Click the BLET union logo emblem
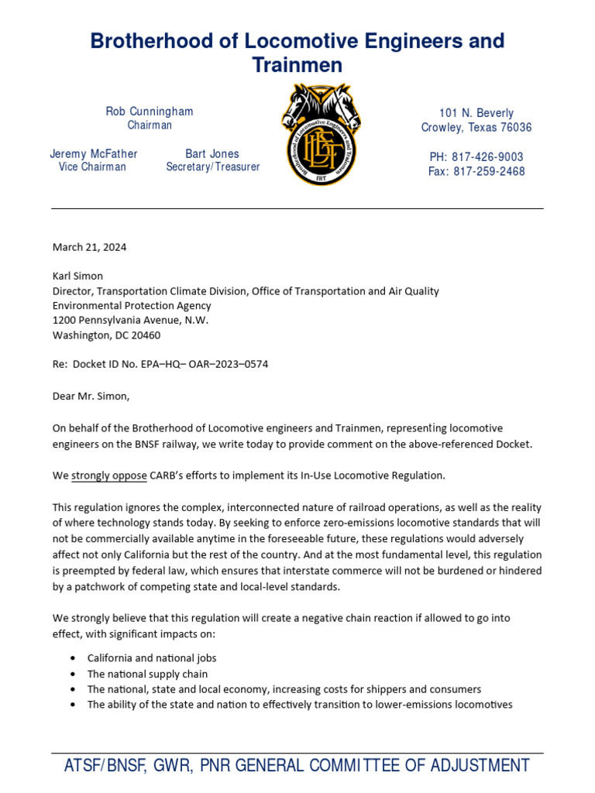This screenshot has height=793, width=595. [x=321, y=135]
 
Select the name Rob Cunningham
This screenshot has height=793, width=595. [x=150, y=112]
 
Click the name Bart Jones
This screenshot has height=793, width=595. [x=212, y=153]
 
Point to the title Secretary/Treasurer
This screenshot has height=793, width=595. [x=213, y=166]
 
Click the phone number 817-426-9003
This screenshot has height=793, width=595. [x=476, y=157]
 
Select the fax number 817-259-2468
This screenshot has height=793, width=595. [x=476, y=171]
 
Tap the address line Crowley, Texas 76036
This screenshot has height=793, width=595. [x=476, y=127]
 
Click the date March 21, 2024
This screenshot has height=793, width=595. [x=89, y=248]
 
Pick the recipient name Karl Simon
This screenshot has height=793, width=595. [x=77, y=276]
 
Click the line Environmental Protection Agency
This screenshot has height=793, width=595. [x=132, y=305]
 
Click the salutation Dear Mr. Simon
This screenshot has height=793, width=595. [x=91, y=396]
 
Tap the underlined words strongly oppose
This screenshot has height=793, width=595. [x=109, y=475]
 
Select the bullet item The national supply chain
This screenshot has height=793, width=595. [x=147, y=674]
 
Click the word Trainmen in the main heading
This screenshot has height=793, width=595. [x=297, y=66]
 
